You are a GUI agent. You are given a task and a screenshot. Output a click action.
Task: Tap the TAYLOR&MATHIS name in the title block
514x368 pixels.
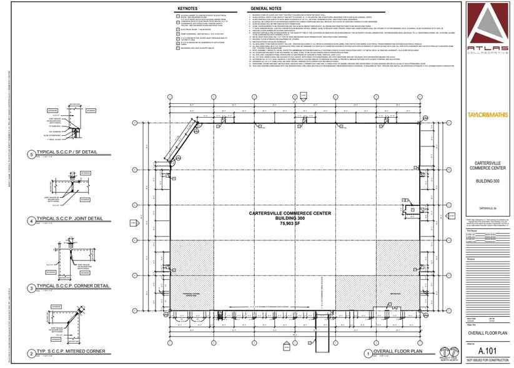click(x=488, y=115)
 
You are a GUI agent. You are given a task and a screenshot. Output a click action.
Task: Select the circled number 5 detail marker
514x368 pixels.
click(x=31, y=155)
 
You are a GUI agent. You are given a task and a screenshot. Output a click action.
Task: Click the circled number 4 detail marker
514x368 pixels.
click(x=31, y=221)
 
